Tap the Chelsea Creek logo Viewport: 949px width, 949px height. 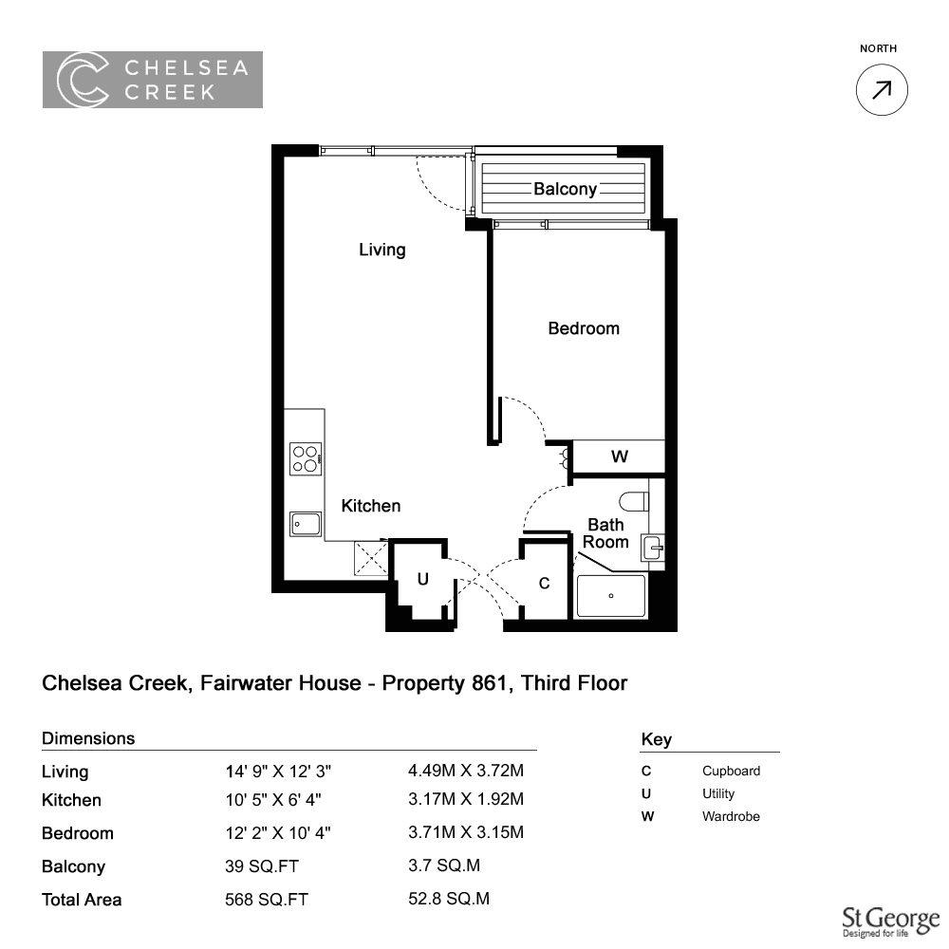coord(153,80)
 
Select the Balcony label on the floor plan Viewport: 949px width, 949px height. coord(565,189)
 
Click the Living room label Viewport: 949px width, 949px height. coord(381,250)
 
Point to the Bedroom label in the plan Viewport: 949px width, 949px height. coord(584,328)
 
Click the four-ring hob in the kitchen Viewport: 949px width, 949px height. coord(306,458)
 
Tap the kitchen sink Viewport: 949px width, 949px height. coord(306,524)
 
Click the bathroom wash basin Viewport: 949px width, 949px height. coord(654,549)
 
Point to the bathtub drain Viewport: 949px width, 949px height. coord(610,596)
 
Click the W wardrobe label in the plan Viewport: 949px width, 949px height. coord(619,456)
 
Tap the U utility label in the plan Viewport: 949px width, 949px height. coord(422,579)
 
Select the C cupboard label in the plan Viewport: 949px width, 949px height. coord(544,583)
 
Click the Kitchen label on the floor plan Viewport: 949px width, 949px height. coord(370,506)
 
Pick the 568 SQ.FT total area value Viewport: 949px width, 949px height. coord(267,900)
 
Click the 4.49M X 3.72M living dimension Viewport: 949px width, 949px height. coord(465,771)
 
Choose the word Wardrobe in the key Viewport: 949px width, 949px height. coord(731,816)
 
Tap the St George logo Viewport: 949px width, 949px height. coord(891,921)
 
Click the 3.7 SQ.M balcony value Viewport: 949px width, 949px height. coord(443,865)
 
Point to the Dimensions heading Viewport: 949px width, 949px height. coord(88,738)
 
